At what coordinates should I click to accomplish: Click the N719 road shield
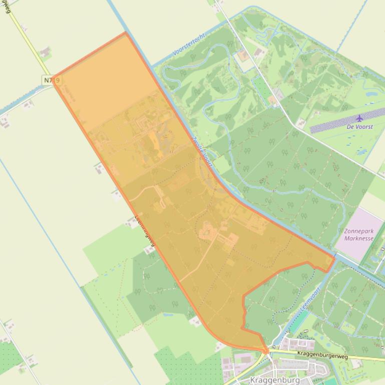pyautogui.click(x=48, y=80)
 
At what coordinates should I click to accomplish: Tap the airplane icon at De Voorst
pyautogui.click(x=359, y=118)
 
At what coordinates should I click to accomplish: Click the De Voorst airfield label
pyautogui.click(x=359, y=127)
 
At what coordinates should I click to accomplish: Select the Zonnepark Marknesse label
pyautogui.click(x=358, y=235)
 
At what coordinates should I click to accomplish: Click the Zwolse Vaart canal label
pyautogui.click(x=203, y=152)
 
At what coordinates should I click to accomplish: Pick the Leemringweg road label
pyautogui.click(x=146, y=231)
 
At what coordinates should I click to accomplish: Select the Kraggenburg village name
pyautogui.click(x=274, y=380)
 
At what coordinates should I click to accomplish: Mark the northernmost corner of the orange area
pyautogui.click(x=125, y=33)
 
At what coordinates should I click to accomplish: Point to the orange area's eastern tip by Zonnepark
pyautogui.click(x=334, y=259)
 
